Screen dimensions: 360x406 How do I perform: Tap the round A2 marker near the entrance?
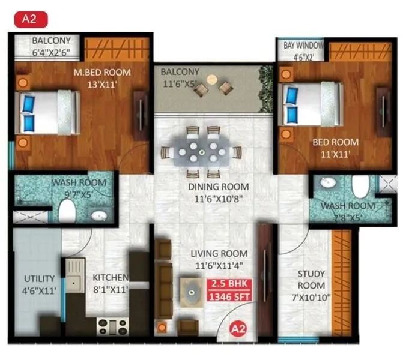[238, 328]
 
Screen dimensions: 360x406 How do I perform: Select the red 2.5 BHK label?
[229, 284]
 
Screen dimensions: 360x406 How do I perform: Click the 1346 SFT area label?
[229, 295]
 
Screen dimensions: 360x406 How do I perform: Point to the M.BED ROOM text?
[102, 73]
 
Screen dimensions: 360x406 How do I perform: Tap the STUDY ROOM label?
[311, 280]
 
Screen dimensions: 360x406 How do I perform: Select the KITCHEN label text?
[110, 278]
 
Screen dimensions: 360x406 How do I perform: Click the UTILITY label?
[40, 279]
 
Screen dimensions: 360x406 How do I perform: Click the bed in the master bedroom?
[48, 112]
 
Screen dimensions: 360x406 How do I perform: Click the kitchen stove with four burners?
[113, 326]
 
